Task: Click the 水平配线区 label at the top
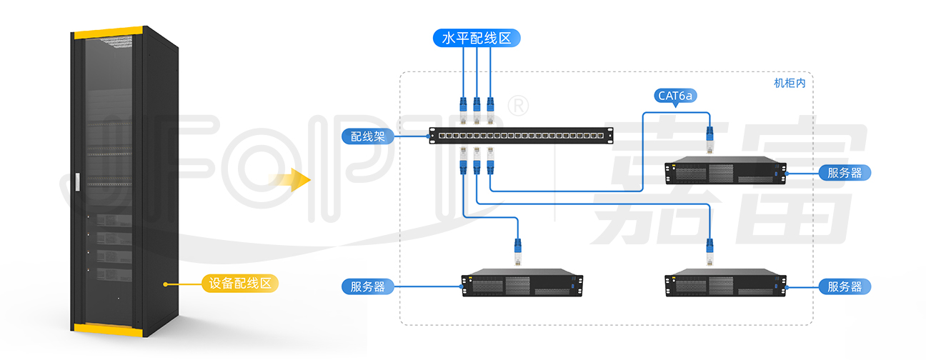pyautogui.click(x=477, y=38)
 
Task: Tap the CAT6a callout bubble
pyautogui.click(x=675, y=96)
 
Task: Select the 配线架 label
pyautogui.click(x=367, y=136)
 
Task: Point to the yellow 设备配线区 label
pyautogui.click(x=240, y=284)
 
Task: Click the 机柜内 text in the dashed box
pyautogui.click(x=790, y=83)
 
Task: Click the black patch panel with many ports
pyautogui.click(x=521, y=136)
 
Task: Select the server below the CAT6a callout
pyautogui.click(x=725, y=170)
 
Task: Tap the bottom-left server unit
pyautogui.click(x=522, y=283)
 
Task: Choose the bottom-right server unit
pyautogui.click(x=725, y=283)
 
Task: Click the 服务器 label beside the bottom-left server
pyautogui.click(x=367, y=287)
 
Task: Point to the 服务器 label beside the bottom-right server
pyautogui.click(x=845, y=287)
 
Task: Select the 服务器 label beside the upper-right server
pyautogui.click(x=845, y=173)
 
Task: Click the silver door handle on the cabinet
pyautogui.click(x=77, y=182)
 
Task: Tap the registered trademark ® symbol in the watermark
pyautogui.click(x=518, y=106)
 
